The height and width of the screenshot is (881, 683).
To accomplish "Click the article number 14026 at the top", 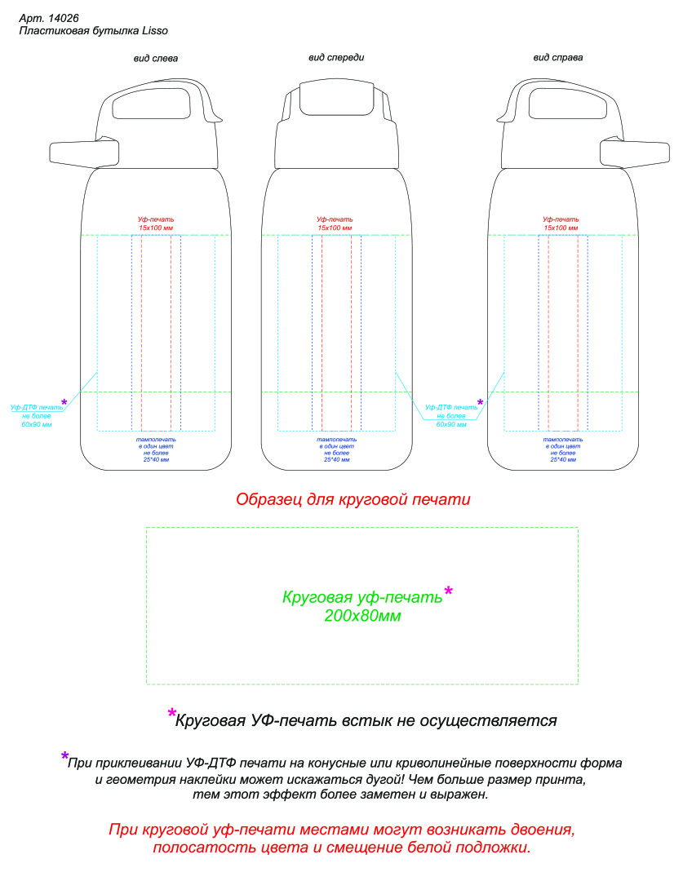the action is pos(64,19).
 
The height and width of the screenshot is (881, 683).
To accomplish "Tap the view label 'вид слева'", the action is pos(156,59).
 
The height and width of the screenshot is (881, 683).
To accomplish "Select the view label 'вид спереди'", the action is pos(336,57).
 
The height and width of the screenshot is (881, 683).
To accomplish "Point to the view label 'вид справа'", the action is pos(557,57).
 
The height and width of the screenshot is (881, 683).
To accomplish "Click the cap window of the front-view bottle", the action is pos(337,100).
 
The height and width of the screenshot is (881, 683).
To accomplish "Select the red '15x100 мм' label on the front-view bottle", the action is pos(335,228).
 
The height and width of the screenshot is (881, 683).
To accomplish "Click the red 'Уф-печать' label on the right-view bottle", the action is pos(561,219).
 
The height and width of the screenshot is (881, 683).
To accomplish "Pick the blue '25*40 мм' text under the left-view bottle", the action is pos(156,459).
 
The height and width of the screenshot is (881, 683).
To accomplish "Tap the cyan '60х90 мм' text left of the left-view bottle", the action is pos(37,425).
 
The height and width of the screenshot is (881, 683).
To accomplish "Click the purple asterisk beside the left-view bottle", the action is pos(64,402).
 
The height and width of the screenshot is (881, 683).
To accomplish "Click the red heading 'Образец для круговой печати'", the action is pos(353,499).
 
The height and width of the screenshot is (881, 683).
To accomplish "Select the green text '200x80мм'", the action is pos(362,616).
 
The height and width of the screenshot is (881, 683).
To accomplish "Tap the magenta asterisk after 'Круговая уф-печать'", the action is pos(448,591).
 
